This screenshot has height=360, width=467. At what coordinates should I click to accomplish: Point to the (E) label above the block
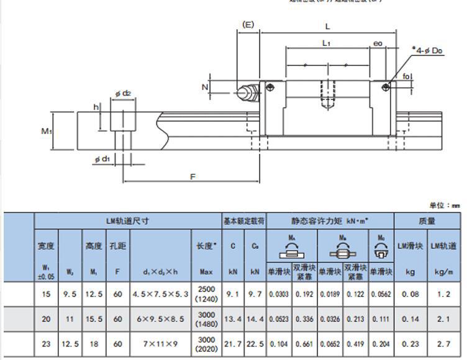coord(248,25)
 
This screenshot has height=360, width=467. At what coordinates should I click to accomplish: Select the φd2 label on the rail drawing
coord(122,93)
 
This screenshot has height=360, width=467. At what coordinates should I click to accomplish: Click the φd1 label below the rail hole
coord(102,160)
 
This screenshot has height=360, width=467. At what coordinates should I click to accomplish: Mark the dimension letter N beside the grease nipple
coord(205,88)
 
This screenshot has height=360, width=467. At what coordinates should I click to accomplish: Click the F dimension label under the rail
coord(193,178)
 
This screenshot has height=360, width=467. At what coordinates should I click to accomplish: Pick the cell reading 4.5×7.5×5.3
coord(160,295)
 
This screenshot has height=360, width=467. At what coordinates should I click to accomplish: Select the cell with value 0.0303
coord(279,295)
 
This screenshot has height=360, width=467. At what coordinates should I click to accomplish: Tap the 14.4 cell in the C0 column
coord(255,319)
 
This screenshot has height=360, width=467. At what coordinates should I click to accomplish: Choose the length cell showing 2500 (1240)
coord(206,294)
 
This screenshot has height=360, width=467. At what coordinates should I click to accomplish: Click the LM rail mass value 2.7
coord(443,344)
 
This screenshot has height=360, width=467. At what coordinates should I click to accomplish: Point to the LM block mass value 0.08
coord(410,295)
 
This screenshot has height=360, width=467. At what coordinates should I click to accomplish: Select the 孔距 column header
coord(117,246)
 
